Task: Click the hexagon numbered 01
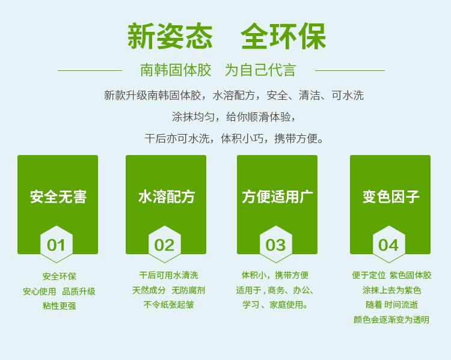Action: [57, 244]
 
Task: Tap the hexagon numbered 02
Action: [165, 244]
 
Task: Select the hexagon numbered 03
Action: [276, 244]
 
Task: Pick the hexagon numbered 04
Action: [389, 244]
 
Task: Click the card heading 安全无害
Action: [58, 197]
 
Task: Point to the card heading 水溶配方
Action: [166, 197]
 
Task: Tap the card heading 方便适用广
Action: [277, 197]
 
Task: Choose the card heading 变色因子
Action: [391, 197]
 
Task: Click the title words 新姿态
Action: [170, 36]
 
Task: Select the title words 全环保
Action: [283, 36]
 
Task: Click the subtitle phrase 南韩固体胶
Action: [176, 70]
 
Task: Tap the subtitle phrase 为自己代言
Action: [260, 70]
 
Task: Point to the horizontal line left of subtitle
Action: [90, 70]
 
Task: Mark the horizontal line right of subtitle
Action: [350, 70]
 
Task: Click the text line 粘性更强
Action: [60, 306]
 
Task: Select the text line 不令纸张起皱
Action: [168, 305]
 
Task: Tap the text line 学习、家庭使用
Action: [275, 305]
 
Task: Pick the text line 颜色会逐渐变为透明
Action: [391, 320]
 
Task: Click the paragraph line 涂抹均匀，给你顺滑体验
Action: [233, 117]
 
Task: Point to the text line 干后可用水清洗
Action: [168, 275]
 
